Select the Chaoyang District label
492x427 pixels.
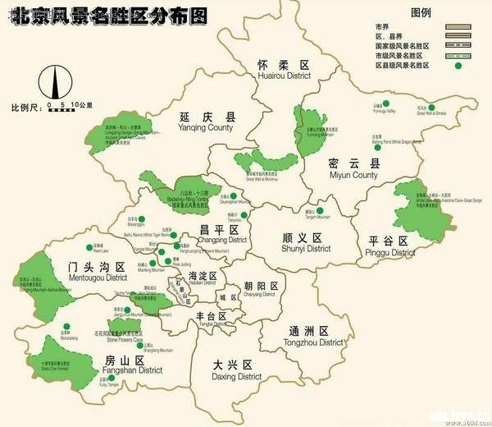[260, 289]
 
